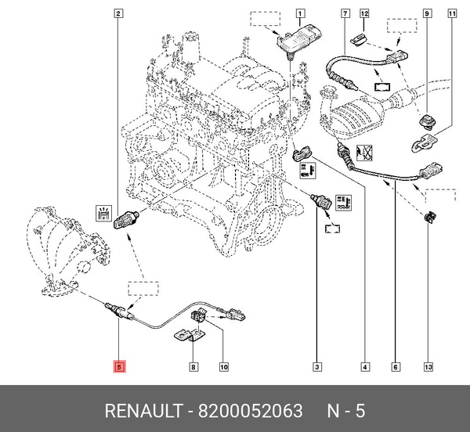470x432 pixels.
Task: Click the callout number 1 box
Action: pos(301,13)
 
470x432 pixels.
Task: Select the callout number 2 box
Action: pos(118,13)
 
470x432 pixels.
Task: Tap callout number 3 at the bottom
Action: pos(317,366)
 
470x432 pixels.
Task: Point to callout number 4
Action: pos(364,366)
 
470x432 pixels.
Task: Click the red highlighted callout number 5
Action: pos(119,366)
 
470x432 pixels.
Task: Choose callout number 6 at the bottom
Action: pos(396,366)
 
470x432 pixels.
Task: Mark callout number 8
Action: pos(193,366)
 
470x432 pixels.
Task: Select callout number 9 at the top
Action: pos(427,13)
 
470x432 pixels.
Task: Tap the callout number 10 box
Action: pos(223,366)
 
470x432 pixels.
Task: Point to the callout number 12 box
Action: pos(364,13)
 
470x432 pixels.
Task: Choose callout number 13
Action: pos(427,366)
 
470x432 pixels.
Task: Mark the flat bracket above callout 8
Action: pos(186,336)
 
